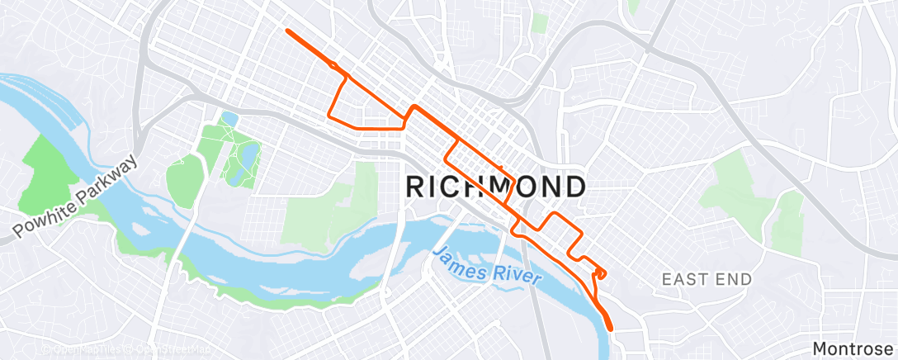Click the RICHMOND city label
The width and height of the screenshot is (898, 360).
[496, 187]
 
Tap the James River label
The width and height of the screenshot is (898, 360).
[487, 266]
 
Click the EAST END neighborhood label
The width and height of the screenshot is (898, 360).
[707, 280]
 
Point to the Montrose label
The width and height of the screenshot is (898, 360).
[854, 348]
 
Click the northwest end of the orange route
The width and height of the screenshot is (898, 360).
[287, 31]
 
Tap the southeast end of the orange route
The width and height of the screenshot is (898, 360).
[612, 329]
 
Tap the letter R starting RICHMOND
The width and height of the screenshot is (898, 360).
[417, 187]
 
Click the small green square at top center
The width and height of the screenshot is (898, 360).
[541, 22]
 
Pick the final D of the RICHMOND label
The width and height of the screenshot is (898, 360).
[574, 187]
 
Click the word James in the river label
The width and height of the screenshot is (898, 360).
[459, 259]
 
